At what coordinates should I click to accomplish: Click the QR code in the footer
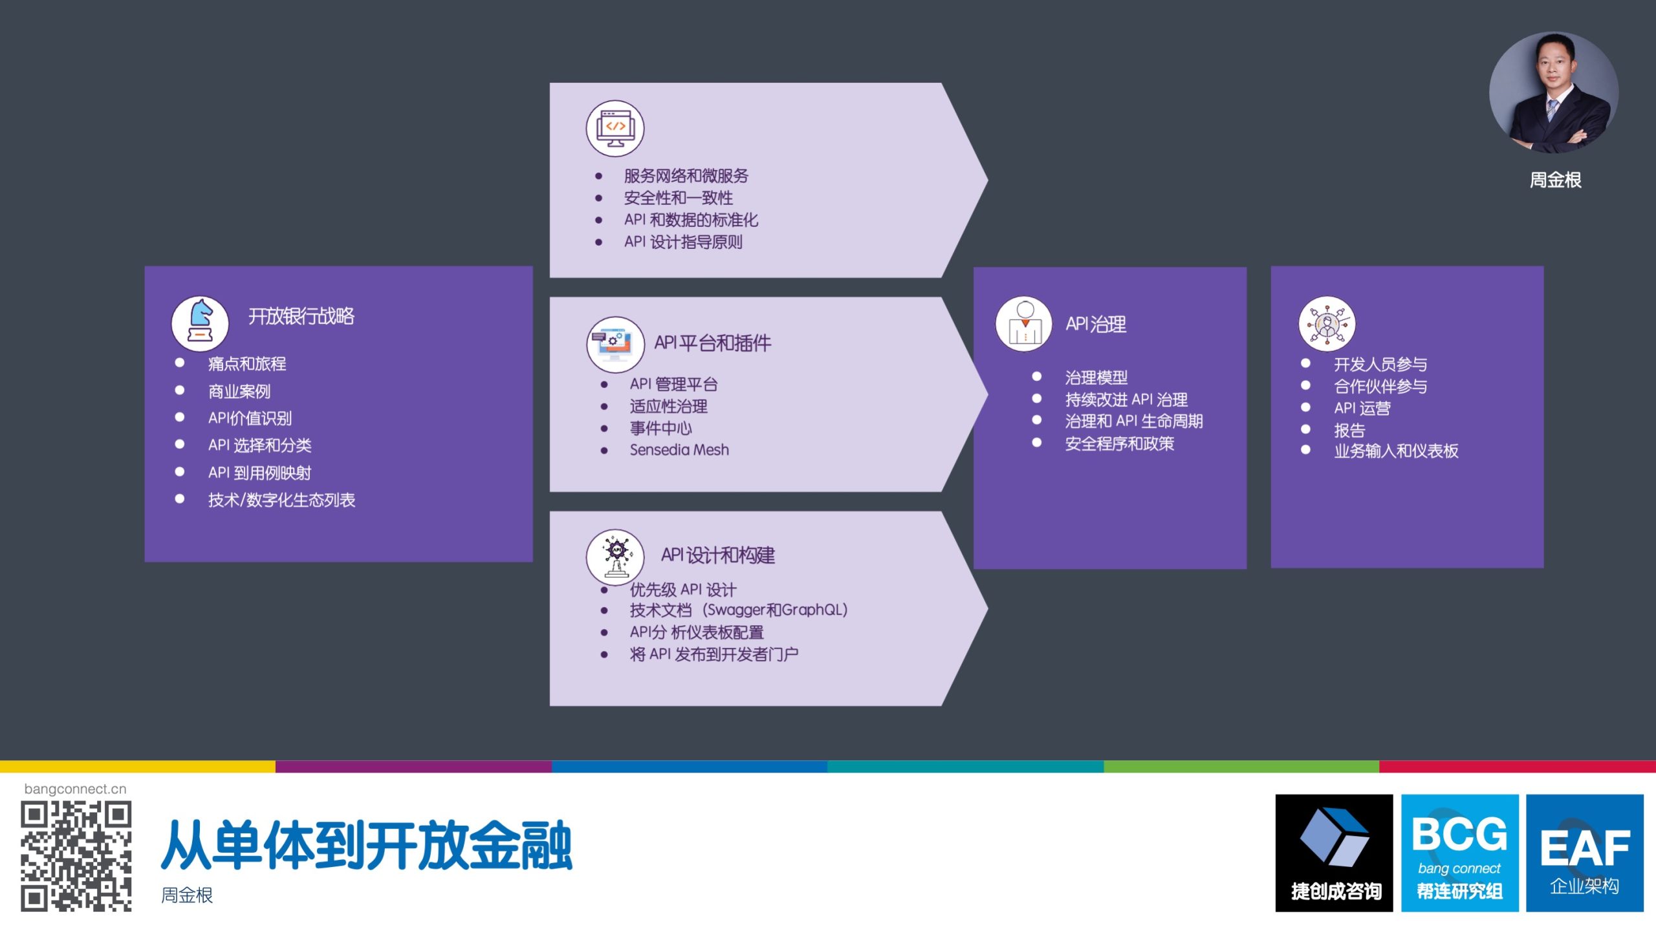point(76,856)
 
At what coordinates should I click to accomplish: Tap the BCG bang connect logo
point(1459,853)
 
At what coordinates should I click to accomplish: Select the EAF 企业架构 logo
point(1585,853)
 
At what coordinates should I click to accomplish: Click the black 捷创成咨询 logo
point(1334,853)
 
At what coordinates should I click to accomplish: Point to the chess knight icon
point(200,322)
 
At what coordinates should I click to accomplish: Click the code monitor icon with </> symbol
point(615,128)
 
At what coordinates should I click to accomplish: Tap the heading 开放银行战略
point(301,316)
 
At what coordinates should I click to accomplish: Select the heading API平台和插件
point(713,343)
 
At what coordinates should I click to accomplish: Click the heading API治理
point(1096,324)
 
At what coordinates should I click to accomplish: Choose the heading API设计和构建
point(718,555)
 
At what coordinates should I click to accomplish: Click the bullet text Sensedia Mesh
point(679,450)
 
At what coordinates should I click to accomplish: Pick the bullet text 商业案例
point(239,391)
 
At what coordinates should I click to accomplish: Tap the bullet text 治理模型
point(1096,377)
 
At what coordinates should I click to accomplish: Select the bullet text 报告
point(1349,430)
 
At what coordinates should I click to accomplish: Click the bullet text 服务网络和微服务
point(686,176)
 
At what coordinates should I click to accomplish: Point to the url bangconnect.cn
point(75,789)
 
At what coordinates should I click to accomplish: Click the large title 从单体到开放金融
point(366,844)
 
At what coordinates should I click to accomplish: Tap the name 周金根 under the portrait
point(1555,180)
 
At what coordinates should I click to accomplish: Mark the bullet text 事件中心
point(661,428)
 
